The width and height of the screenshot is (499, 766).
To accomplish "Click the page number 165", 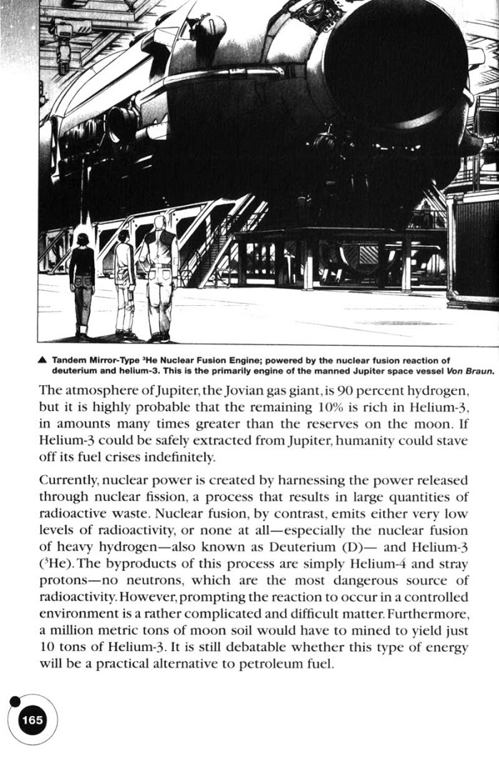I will point(32,720).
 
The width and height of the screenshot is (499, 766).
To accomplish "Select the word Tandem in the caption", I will point(68,359).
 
